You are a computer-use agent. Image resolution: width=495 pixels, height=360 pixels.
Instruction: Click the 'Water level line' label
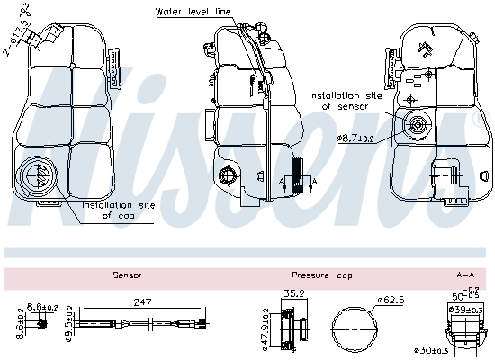[x=193, y=11]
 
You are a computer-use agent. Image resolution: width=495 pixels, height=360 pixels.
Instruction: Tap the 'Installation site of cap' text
[x=118, y=210]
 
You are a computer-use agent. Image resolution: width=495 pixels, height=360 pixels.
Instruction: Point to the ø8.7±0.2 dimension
[x=356, y=138]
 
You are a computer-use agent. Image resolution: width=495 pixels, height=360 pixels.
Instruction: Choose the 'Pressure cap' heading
[x=322, y=274]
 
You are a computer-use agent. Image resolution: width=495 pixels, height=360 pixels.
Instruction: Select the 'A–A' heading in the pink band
[x=465, y=274]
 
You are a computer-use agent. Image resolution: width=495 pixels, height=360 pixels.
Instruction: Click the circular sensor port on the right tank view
[x=418, y=125]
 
